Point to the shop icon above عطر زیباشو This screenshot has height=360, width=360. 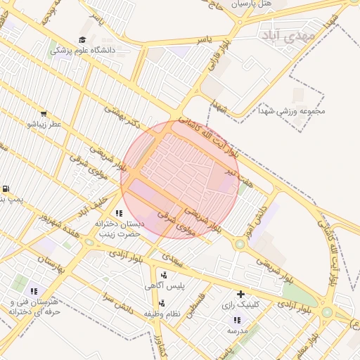coord(44,114)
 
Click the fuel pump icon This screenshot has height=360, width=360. coord(6,189)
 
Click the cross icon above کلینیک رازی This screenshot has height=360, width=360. coord(241,294)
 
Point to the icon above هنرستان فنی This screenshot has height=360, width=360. coord(33,291)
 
